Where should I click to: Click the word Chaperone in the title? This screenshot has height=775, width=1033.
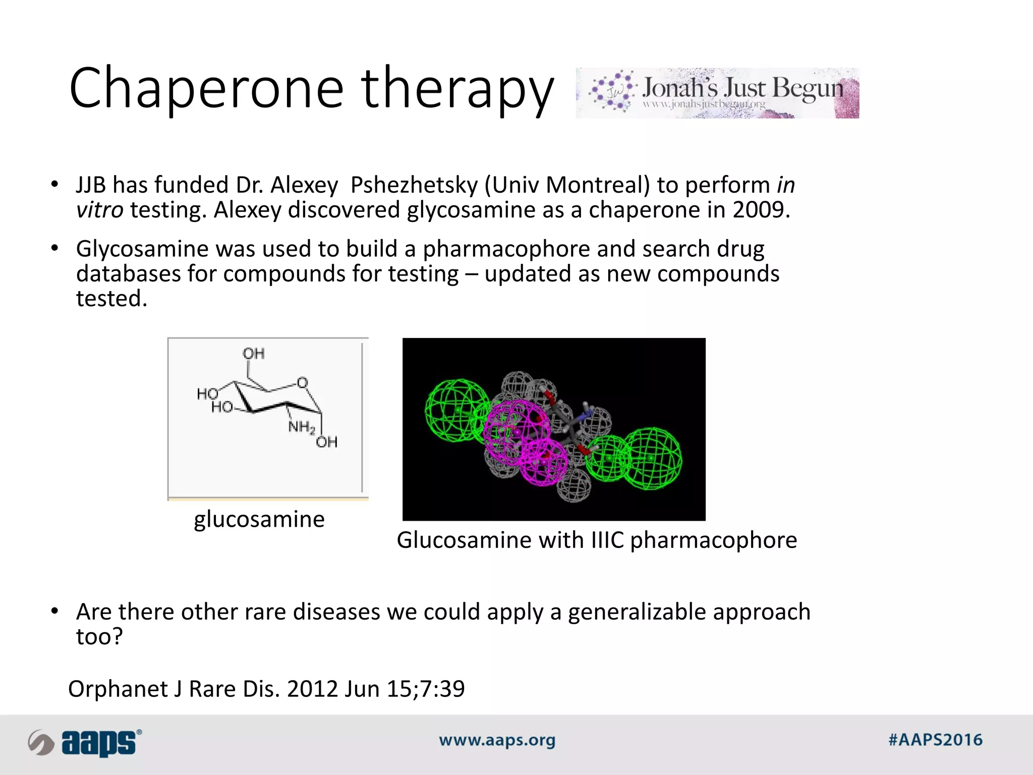pyautogui.click(x=206, y=88)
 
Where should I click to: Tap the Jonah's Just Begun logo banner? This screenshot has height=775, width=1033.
pyautogui.click(x=717, y=93)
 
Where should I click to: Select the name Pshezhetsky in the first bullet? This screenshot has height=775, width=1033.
pyautogui.click(x=414, y=185)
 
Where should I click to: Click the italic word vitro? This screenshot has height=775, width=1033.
pyautogui.click(x=99, y=210)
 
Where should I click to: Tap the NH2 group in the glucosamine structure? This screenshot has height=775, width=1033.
pyautogui.click(x=301, y=427)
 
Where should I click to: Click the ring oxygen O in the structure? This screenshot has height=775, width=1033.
pyautogui.click(x=302, y=382)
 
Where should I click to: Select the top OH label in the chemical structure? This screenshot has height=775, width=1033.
pyautogui.click(x=253, y=353)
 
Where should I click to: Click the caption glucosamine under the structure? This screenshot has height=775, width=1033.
pyautogui.click(x=259, y=519)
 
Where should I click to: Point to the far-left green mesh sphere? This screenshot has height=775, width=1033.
pyautogui.click(x=456, y=411)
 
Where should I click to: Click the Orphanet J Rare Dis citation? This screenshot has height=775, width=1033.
pyautogui.click(x=266, y=689)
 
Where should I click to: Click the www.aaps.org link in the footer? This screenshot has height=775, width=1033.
pyautogui.click(x=497, y=741)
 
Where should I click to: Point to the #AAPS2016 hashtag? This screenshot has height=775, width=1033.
pyautogui.click(x=935, y=740)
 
